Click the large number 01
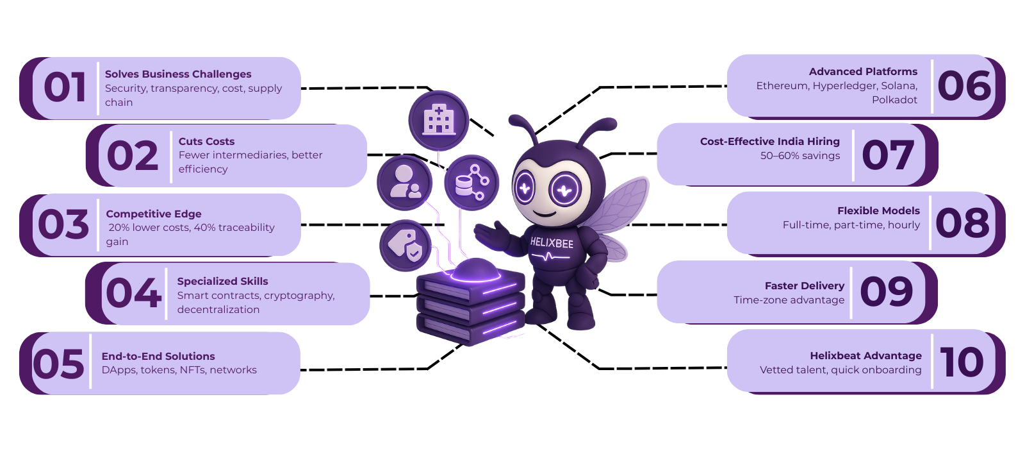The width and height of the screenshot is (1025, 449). tap(65, 88)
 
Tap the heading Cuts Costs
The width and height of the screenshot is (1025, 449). tap(206, 141)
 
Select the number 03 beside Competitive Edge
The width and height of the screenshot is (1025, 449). tap(63, 224)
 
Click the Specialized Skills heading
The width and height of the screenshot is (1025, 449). tap(222, 281)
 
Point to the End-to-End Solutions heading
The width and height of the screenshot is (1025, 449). tap(158, 356)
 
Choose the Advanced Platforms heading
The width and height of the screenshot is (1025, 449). tap(863, 72)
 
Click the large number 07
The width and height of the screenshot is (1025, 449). tap(888, 155)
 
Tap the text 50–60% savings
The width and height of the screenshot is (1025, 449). tap(800, 156)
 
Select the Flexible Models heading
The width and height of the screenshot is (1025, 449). tap(878, 210)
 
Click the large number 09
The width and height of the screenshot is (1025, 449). tap(887, 292)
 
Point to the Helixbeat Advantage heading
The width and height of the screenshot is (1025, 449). tap(865, 355)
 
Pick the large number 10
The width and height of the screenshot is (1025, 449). tap(962, 362)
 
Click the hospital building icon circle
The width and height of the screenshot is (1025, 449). tap(439, 121)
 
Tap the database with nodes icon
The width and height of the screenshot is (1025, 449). tap(471, 183)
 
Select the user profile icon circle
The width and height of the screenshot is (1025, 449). tap(405, 183)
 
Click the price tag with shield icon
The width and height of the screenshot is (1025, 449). tap(405, 245)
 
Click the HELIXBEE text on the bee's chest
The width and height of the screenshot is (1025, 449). tap(552, 243)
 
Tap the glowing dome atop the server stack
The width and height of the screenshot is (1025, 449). tap(475, 270)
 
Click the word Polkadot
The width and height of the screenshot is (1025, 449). tap(894, 100)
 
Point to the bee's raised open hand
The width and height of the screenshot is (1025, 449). tap(491, 233)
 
